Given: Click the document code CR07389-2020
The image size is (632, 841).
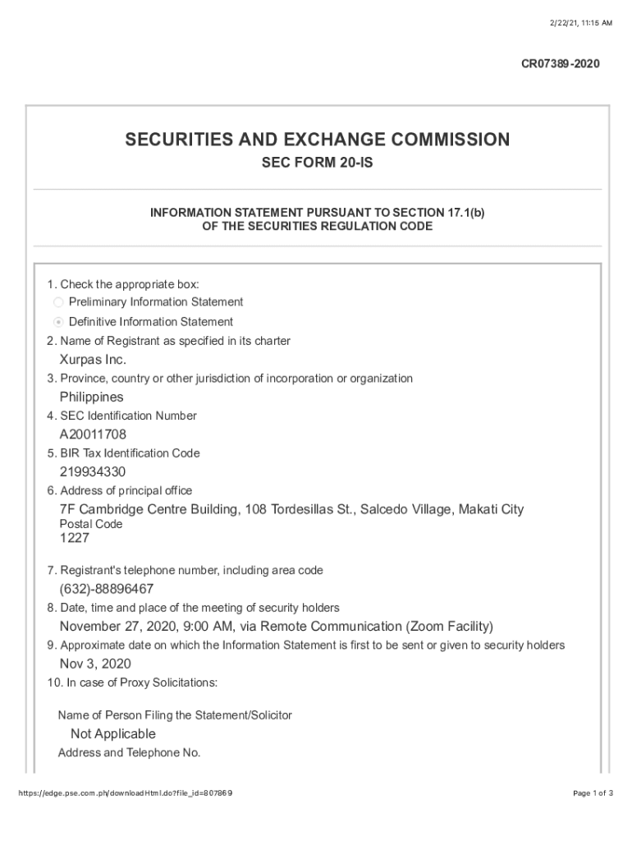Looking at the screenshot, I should click(x=561, y=63).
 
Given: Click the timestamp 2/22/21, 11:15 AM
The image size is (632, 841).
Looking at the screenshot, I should click(x=580, y=23).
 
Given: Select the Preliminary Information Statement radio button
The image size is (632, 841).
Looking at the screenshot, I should click(x=58, y=302).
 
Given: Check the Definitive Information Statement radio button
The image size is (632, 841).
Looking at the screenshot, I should click(x=58, y=322).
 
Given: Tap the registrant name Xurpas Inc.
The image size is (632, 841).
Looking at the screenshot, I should click(x=93, y=360).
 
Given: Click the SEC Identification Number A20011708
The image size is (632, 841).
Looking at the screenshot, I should click(x=93, y=434).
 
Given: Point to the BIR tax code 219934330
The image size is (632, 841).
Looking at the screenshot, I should click(x=93, y=471).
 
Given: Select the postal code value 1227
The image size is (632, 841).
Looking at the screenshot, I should click(x=75, y=539).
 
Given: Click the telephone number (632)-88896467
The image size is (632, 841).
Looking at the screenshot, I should click(x=106, y=589).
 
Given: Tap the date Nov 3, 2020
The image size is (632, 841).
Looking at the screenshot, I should click(x=95, y=664).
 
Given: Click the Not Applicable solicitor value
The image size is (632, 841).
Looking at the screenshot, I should click(x=112, y=733).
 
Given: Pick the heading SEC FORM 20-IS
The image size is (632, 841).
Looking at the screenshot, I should click(x=317, y=163).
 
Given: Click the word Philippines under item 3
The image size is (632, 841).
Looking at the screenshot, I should click(x=91, y=397).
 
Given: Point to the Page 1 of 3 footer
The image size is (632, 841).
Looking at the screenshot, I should click(x=593, y=793).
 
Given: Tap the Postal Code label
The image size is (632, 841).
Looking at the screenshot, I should click(x=91, y=524).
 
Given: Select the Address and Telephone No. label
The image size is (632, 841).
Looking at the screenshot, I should click(x=129, y=753).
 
